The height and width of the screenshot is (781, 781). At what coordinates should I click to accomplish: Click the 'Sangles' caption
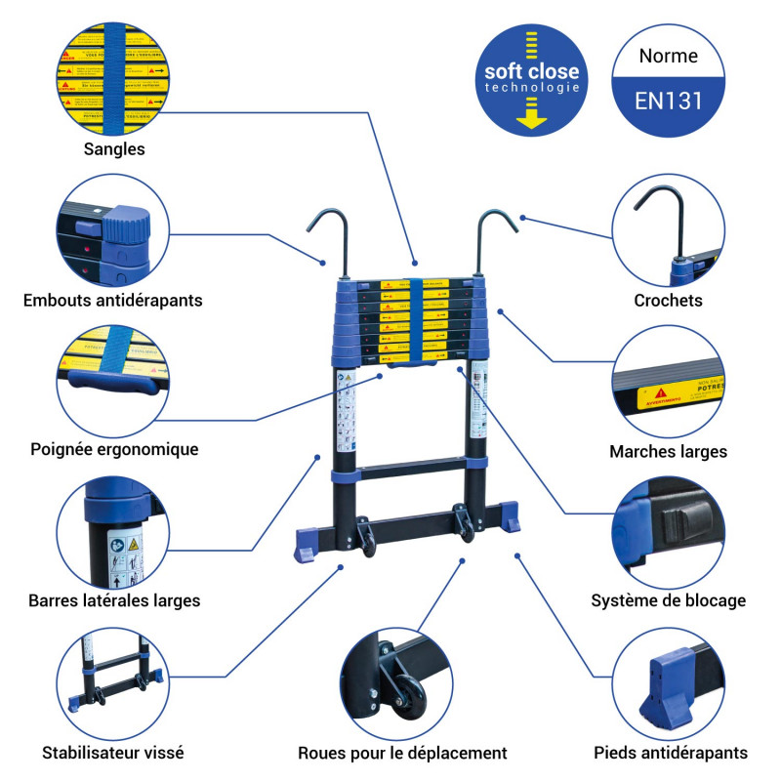click(x=114, y=149)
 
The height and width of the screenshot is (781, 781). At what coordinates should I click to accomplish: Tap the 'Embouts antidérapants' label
click(x=113, y=300)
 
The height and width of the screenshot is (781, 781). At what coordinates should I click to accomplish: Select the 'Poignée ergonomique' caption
click(x=114, y=449)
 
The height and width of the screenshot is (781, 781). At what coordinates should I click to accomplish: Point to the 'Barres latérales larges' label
click(x=114, y=600)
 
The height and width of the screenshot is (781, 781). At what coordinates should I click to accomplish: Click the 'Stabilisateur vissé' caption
click(x=113, y=753)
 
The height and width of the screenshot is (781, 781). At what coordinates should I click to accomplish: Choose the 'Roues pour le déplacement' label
click(x=402, y=753)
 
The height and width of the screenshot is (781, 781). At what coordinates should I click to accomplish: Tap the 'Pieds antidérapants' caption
click(x=671, y=753)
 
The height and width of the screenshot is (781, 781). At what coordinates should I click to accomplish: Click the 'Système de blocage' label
click(x=669, y=600)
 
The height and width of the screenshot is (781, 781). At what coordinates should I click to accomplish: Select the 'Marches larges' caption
click(x=669, y=451)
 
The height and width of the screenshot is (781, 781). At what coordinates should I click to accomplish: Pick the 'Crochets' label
click(x=669, y=301)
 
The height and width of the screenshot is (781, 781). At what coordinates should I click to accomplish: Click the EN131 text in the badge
click(x=669, y=100)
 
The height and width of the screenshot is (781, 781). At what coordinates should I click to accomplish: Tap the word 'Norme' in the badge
click(x=669, y=56)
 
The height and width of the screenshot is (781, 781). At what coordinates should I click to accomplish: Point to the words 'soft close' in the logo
click(x=532, y=71)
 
